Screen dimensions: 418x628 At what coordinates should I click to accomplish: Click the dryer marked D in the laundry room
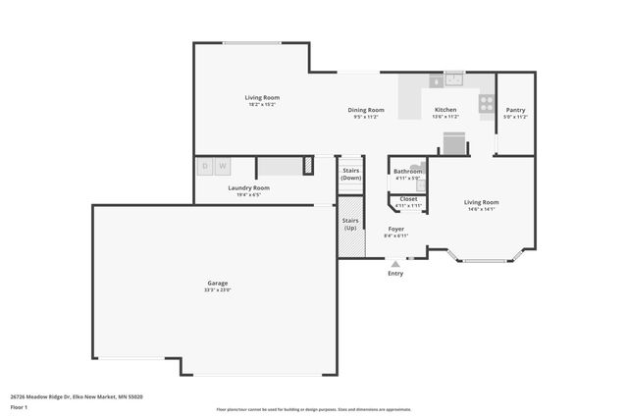click(x=205, y=167)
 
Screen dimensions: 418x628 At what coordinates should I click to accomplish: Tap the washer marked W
click(x=223, y=167)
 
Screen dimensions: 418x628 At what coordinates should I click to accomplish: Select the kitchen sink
click(x=454, y=79)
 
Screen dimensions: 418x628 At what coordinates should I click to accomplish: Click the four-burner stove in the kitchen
click(x=486, y=101)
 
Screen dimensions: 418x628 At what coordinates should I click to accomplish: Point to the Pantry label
click(x=515, y=110)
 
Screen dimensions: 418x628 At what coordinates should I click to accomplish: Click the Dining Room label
click(x=365, y=110)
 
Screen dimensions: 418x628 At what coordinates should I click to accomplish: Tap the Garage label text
click(x=217, y=283)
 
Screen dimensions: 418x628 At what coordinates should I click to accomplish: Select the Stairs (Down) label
click(x=351, y=174)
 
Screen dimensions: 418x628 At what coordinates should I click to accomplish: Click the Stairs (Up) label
click(x=350, y=225)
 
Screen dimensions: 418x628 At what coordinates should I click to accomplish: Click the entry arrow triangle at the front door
click(x=395, y=263)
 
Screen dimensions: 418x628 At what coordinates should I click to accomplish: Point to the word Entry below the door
click(x=395, y=274)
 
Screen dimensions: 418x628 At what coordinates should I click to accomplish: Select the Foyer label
click(x=395, y=229)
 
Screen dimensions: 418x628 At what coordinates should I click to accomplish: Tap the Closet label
click(x=408, y=199)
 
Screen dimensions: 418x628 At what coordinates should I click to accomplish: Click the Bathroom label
click(x=408, y=172)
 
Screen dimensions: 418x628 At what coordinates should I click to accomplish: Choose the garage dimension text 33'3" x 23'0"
click(x=217, y=290)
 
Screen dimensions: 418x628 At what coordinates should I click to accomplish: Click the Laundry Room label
click(x=248, y=187)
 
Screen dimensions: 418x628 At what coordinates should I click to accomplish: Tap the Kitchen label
click(x=445, y=110)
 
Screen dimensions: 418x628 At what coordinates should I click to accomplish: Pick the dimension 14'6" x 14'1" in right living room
click(x=481, y=209)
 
